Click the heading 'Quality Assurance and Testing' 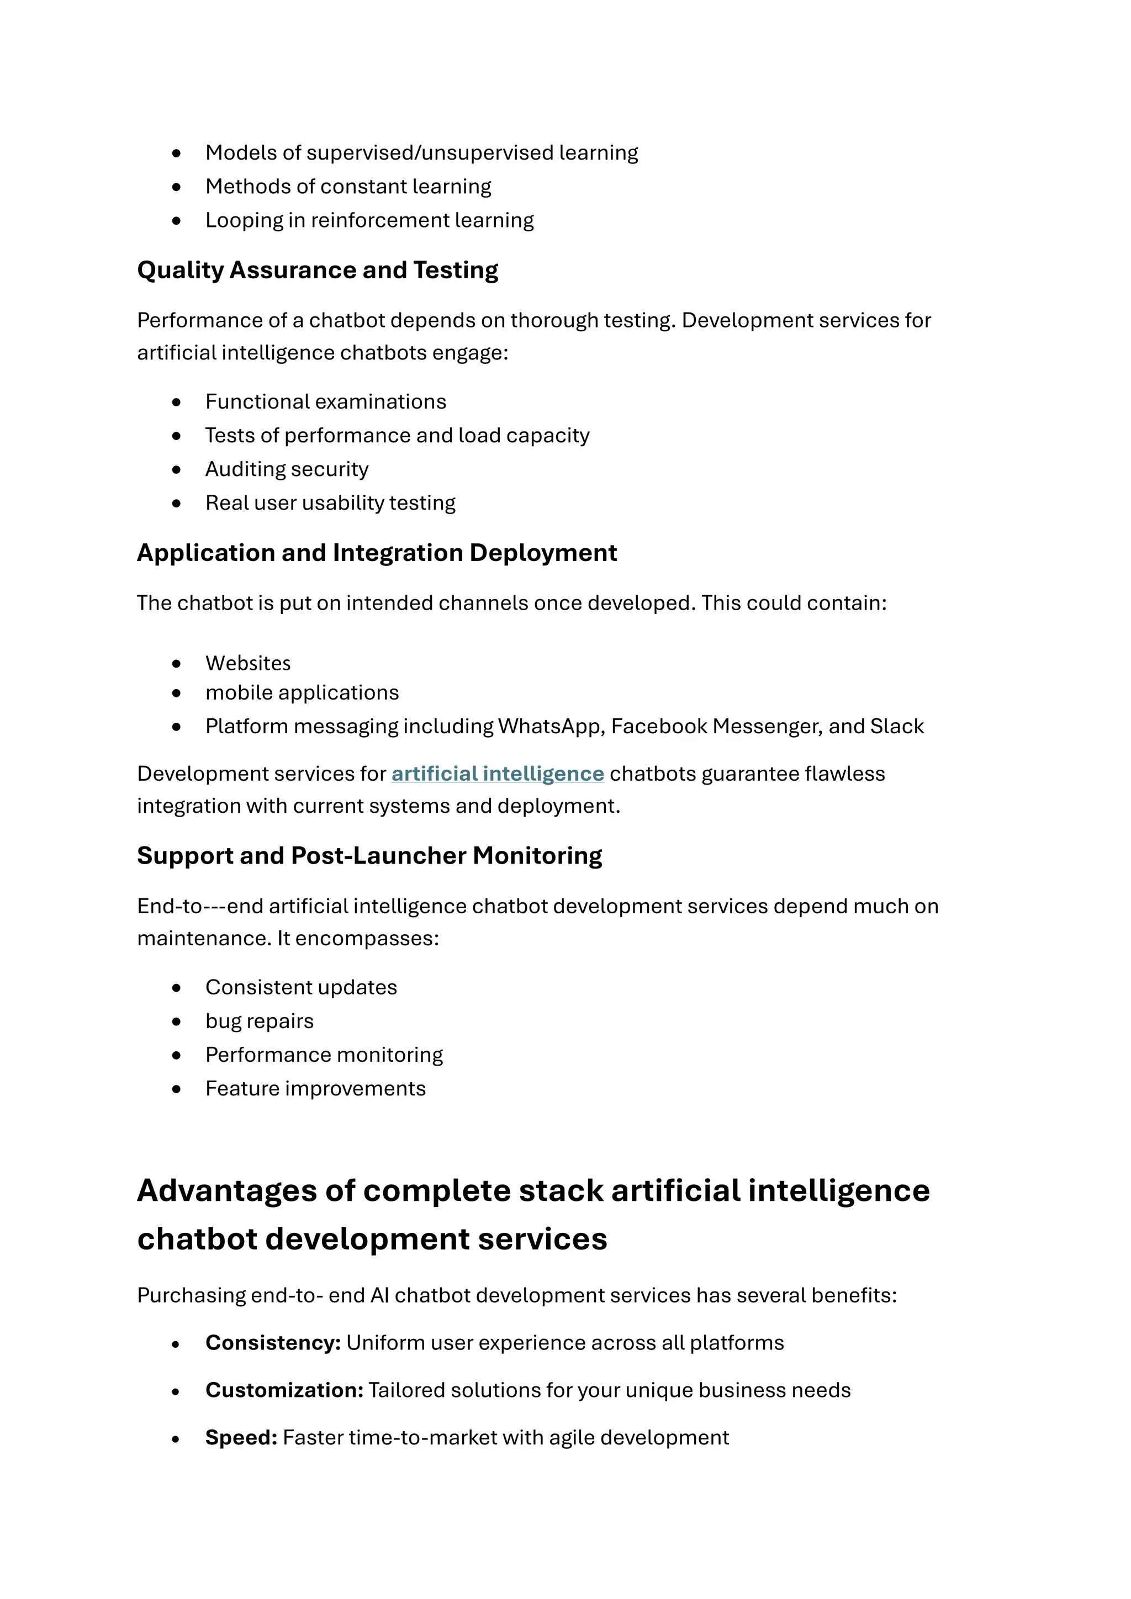318,270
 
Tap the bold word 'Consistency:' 273,1343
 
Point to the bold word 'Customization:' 284,1390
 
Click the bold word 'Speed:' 241,1437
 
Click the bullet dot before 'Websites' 176,664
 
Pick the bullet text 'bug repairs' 259,1021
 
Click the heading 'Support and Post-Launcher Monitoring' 369,856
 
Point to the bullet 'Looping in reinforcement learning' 369,220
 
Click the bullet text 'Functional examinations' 325,402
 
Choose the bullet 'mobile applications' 302,693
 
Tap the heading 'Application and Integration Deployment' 377,553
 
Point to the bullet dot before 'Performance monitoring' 176,1055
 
